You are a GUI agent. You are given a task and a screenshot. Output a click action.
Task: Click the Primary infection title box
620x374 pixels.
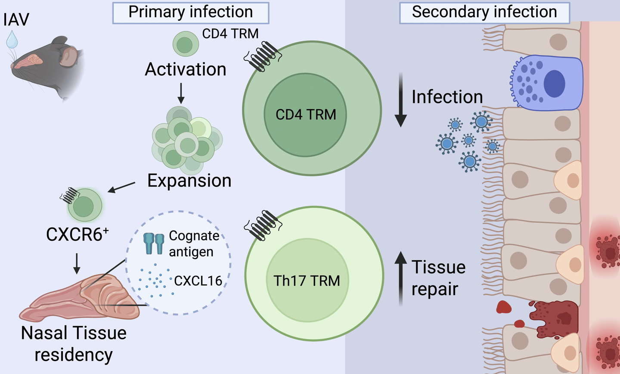pos(191,12)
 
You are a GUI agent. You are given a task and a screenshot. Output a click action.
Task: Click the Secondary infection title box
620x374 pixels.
pos(484,12)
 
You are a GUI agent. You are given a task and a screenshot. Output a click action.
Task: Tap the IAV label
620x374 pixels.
pos(16,20)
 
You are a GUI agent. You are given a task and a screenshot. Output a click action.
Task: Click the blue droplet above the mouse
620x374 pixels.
pos(12,39)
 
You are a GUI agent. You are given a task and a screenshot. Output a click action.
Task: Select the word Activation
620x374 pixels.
pos(186,69)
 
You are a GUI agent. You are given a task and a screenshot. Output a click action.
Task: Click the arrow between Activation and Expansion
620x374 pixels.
pos(181,93)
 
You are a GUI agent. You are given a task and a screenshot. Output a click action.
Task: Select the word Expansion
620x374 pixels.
pos(189,181)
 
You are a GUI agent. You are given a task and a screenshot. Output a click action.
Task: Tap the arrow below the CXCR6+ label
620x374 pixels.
pos(77,263)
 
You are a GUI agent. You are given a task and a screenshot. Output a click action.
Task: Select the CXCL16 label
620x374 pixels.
pos(198,281)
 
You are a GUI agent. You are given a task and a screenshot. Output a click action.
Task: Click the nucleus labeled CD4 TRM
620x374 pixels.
pos(305,115)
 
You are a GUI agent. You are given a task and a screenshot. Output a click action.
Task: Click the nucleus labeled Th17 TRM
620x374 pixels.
pos(307,281)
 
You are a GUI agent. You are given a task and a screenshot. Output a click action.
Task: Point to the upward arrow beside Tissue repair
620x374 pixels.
pos(401,278)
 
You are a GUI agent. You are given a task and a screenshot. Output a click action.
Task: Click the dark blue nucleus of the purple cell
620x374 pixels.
pos(555,83)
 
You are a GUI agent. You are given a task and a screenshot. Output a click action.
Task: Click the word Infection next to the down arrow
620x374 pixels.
pos(447,97)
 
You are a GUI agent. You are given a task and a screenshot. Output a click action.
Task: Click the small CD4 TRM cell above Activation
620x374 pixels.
pos(186,44)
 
